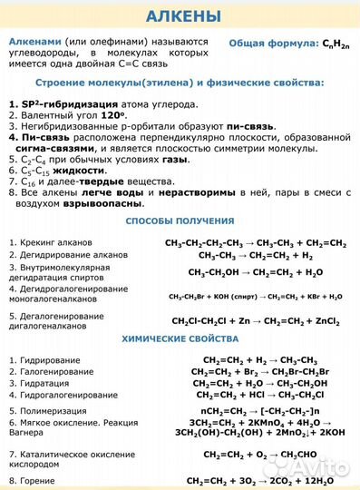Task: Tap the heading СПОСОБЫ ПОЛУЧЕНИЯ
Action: [x=180, y=221]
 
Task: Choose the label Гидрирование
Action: [x=46, y=360]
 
